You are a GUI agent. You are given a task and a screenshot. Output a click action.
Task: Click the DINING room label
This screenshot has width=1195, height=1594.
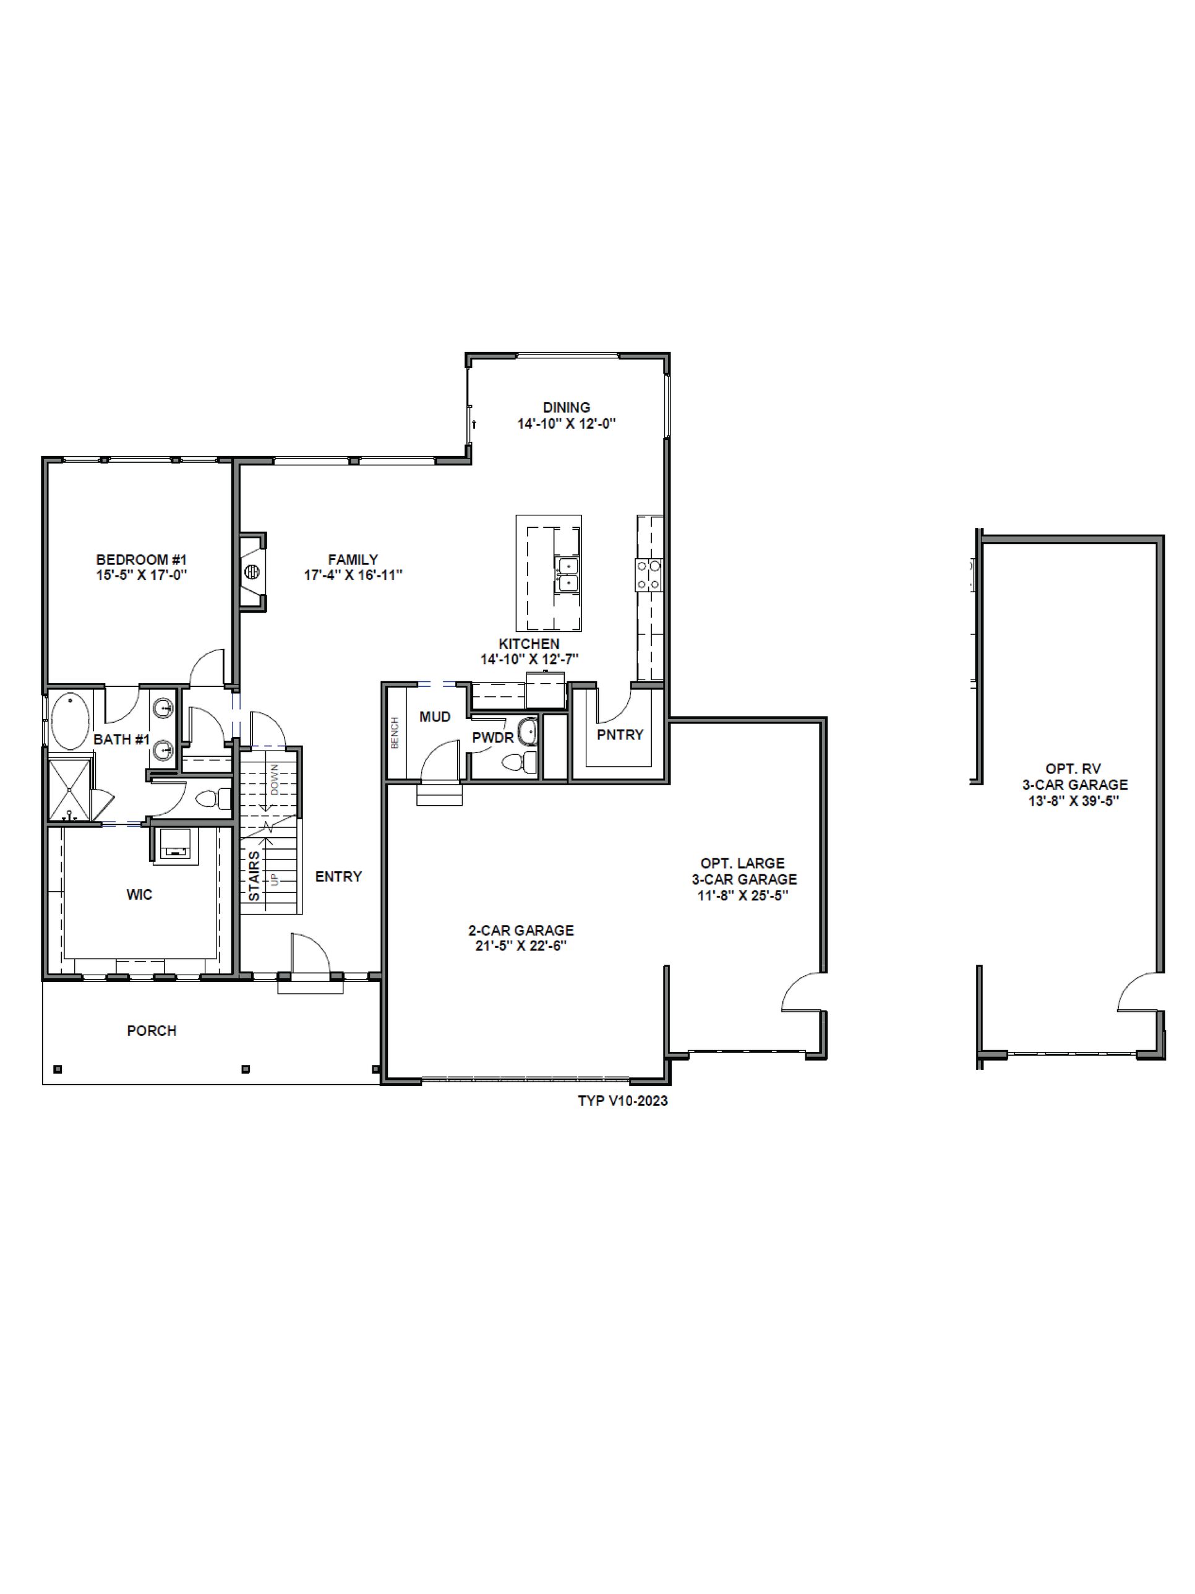[x=566, y=408]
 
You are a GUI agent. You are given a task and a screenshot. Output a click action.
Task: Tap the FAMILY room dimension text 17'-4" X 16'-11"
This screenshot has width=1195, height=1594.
[x=353, y=575]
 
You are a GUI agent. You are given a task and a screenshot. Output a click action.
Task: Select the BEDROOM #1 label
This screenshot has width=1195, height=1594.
[x=141, y=559]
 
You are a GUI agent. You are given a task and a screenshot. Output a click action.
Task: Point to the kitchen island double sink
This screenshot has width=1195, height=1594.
[x=568, y=574]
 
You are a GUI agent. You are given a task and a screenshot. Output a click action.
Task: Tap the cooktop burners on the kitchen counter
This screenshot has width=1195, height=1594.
[x=648, y=574]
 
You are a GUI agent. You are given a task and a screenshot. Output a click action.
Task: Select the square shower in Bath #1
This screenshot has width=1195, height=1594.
[x=70, y=787]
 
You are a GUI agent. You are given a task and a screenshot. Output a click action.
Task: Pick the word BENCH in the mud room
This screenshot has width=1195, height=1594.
[x=395, y=732]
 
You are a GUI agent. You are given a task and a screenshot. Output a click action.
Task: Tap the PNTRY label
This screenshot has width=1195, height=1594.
[x=620, y=735]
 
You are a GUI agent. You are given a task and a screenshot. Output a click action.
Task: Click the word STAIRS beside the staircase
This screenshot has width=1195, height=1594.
[x=254, y=876]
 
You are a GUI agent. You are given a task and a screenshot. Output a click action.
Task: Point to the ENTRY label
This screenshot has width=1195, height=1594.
[x=338, y=876]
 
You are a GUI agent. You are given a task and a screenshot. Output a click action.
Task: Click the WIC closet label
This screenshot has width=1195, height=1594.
[x=139, y=894]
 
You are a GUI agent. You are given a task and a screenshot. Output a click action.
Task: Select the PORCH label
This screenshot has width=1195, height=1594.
[x=152, y=1030]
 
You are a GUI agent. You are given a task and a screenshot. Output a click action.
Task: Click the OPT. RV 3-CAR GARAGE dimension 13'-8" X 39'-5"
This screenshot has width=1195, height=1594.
[x=1074, y=801]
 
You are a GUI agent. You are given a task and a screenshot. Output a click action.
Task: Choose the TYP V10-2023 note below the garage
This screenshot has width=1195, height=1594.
[x=622, y=1100]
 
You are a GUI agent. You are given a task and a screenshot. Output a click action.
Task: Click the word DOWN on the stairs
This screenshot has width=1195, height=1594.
[x=275, y=779]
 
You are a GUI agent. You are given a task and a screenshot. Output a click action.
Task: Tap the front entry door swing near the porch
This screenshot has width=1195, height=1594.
[x=310, y=955]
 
